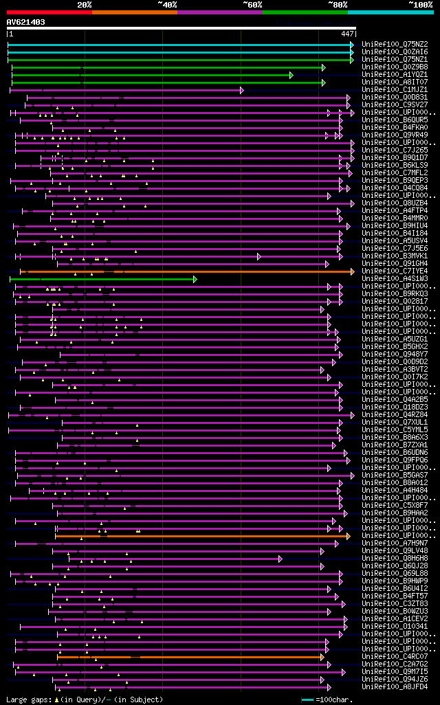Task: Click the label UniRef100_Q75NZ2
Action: point(395,44)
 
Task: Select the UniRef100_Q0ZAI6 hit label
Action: point(395,52)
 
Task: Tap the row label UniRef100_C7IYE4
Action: point(395,271)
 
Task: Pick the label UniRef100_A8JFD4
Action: point(395,686)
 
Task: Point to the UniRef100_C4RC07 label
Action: point(395,656)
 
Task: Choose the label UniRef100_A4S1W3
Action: point(395,278)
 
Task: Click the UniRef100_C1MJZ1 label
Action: point(395,89)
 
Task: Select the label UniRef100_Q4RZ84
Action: point(395,414)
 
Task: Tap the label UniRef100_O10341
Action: point(395,626)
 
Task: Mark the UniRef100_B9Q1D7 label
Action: point(395,157)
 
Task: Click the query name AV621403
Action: point(26,22)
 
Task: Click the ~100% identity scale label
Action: point(420,4)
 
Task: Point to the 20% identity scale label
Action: point(85,4)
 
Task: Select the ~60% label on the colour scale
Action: point(252,4)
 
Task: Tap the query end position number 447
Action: point(347,33)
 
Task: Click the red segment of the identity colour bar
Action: point(49,12)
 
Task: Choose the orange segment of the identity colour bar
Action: point(134,12)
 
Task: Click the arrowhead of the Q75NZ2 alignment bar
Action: point(352,45)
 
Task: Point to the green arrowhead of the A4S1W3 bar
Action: point(195,279)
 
